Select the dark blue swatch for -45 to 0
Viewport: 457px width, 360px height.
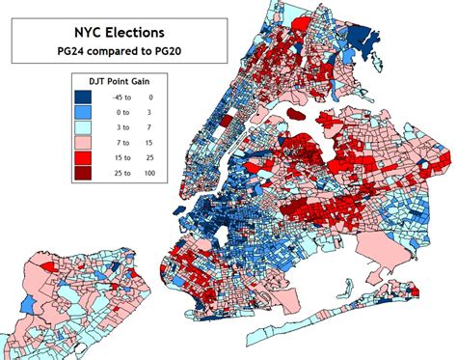85,97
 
